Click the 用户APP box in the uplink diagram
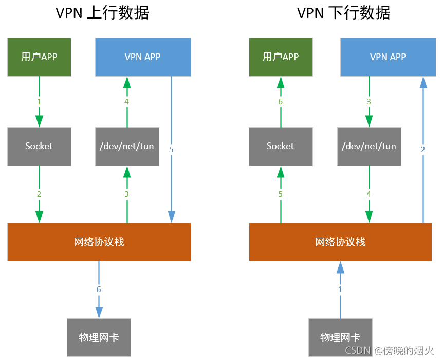39,57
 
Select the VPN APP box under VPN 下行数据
388,57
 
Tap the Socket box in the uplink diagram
39,146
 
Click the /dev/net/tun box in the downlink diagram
369,146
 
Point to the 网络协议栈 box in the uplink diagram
99,242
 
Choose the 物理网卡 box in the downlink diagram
340,337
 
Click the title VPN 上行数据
102,13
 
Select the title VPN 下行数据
344,13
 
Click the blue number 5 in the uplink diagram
171,150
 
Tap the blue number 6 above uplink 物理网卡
99,290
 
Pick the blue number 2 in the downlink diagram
423,150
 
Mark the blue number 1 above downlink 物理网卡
340,290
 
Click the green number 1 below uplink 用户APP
39,102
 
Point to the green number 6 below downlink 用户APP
281,102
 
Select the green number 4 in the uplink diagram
127,102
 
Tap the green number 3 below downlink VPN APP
369,102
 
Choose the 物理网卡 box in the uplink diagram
99,337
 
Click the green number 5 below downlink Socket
281,194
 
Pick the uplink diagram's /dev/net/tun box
127,146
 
